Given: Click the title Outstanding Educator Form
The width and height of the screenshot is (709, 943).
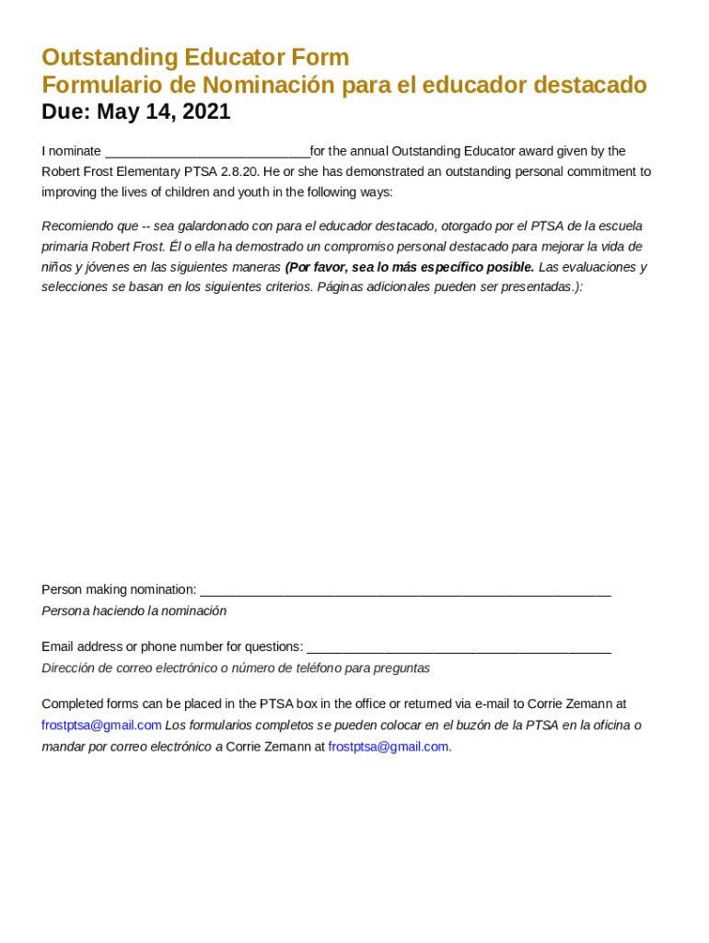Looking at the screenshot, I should tap(195, 57).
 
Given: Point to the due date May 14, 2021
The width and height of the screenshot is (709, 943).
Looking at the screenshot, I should tap(163, 112).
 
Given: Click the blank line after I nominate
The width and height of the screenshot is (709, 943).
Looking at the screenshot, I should tap(207, 152).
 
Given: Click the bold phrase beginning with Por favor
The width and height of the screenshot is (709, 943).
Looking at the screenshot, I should tap(409, 267).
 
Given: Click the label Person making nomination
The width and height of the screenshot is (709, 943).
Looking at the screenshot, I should tap(119, 589).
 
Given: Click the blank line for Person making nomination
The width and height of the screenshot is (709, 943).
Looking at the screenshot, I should tap(405, 590).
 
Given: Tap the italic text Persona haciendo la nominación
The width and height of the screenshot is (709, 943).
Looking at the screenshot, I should tap(134, 611).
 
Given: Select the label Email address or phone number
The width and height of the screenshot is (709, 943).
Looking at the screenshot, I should tap(172, 646).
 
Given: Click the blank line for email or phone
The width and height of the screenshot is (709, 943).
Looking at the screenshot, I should tap(459, 647).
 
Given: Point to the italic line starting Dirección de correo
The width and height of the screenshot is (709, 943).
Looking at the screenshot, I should tap(235, 668).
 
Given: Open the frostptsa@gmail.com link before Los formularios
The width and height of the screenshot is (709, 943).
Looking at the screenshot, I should tap(101, 726).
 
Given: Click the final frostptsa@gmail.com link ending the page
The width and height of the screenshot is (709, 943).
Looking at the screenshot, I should tap(389, 747).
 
